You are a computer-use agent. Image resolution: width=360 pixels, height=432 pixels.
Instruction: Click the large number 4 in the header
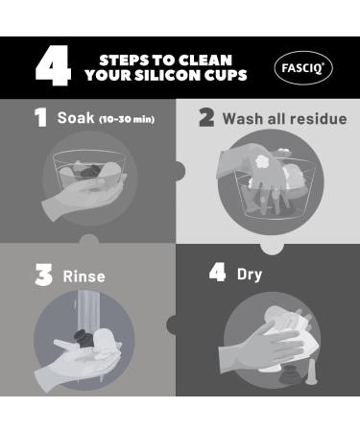click(53, 65)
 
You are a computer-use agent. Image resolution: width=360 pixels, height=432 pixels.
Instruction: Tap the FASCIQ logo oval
click(303, 68)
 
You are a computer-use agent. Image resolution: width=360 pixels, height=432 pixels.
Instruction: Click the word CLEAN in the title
click(205, 60)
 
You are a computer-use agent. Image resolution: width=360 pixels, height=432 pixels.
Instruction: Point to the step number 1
click(40, 117)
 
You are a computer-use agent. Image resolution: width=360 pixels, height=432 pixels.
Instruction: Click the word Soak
click(76, 117)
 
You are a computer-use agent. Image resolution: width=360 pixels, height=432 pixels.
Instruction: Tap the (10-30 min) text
click(127, 119)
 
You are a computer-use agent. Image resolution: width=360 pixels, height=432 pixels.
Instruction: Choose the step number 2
click(206, 117)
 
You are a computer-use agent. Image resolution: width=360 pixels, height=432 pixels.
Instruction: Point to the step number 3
click(43, 275)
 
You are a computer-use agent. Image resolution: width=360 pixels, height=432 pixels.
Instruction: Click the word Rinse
click(84, 276)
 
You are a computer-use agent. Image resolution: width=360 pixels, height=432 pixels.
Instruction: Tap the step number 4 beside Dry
click(217, 273)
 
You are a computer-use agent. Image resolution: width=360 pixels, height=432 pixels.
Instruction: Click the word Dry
click(250, 275)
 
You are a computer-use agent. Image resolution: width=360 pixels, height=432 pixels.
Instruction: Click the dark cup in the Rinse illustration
click(84, 339)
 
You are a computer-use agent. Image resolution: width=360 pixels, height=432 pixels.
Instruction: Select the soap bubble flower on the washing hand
click(264, 161)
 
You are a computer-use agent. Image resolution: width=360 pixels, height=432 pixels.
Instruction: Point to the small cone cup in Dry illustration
click(310, 372)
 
